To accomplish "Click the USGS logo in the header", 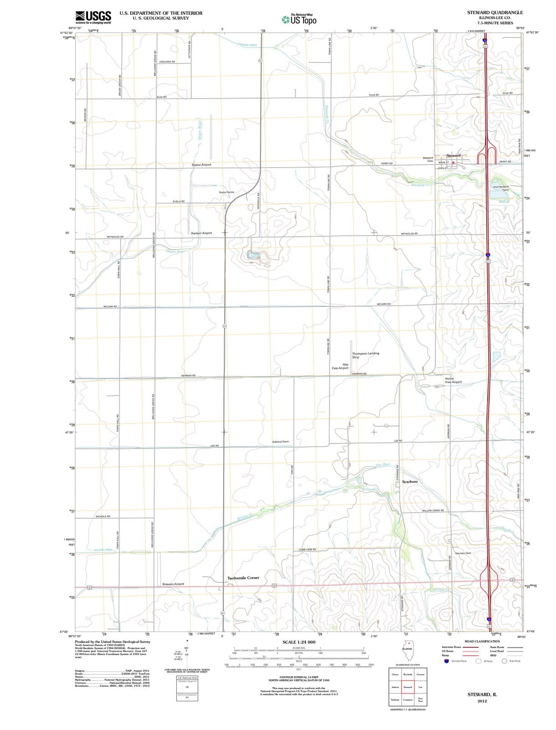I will tap(93, 17).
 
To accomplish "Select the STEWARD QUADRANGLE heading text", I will tap(495, 12).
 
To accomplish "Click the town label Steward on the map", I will tap(453, 156).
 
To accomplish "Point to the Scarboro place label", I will tap(410, 481).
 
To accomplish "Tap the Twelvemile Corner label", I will tap(243, 578).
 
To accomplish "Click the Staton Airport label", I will tap(201, 165).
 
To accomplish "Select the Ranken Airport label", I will tap(201, 233).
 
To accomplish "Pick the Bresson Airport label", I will tap(173, 584).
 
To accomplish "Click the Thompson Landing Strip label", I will tap(365, 355).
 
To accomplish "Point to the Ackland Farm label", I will tap(280, 442).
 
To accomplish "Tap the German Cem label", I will tap(463, 553).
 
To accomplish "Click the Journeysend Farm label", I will tap(501, 188).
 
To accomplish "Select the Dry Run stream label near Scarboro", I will tap(383, 465).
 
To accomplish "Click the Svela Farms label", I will tap(227, 192).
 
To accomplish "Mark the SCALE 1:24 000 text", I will tap(299, 642).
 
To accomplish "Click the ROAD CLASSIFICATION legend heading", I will tap(482, 641).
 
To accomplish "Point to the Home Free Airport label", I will tap(453, 380).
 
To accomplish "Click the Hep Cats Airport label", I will tap(340, 366).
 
